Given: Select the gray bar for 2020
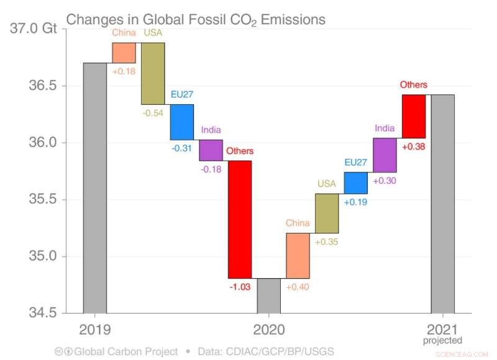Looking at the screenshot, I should point(269,296).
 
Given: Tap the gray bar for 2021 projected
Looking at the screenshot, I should point(443,204).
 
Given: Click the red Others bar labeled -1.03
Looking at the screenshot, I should point(240,219).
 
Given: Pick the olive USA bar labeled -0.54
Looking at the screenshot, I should point(153,73).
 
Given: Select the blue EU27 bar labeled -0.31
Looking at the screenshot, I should point(182,122).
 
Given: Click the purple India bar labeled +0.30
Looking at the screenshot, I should point(385,155).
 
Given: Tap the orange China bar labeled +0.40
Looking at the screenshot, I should point(298,256).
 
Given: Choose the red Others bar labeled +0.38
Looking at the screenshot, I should point(414,116).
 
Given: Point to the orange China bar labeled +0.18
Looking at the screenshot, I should point(124,53).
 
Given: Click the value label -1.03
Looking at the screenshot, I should point(240,287).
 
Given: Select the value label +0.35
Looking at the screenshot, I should point(327,241).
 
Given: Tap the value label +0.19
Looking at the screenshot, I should point(356,202).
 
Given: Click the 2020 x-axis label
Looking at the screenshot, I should point(269,329).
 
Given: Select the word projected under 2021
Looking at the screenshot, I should point(443,340).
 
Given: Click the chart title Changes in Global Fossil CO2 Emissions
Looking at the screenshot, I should point(196,19).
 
